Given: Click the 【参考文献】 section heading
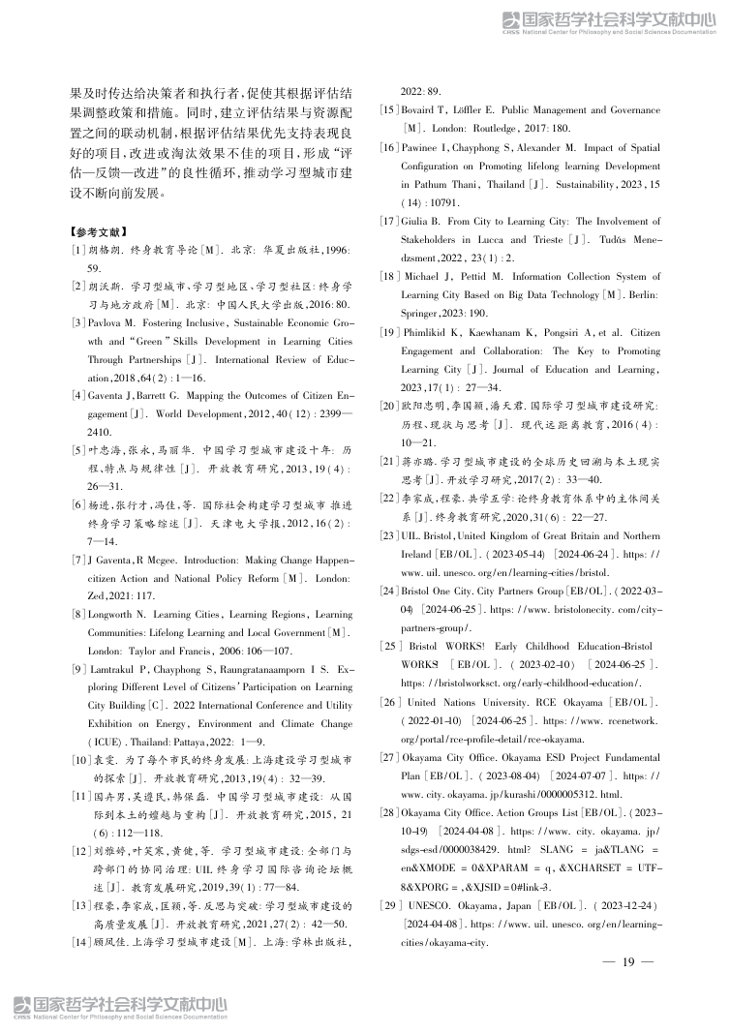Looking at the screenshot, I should pyautogui.click(x=99, y=232).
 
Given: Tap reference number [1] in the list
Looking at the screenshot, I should pyautogui.click(x=77, y=251).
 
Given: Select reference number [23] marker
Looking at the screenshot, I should pyautogui.click(x=390, y=534).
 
